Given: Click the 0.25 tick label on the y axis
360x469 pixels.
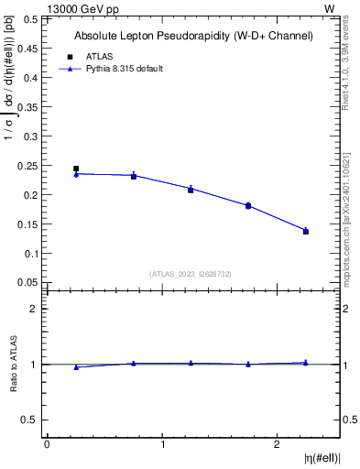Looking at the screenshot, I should (x=27, y=166).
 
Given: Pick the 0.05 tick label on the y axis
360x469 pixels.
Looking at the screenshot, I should (x=27, y=282).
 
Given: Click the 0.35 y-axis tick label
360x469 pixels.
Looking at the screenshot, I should (x=27, y=107).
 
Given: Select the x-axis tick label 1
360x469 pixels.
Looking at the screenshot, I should (x=163, y=444).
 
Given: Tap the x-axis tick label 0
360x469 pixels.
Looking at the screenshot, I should (x=47, y=444).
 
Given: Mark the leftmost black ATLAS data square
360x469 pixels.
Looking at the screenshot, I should (x=76, y=169).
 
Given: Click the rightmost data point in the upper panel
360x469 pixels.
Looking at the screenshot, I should (x=306, y=231).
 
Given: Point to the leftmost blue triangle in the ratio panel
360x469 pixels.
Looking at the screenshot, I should (x=76, y=367).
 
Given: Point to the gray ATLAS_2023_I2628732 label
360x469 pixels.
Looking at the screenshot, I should (x=191, y=274).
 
